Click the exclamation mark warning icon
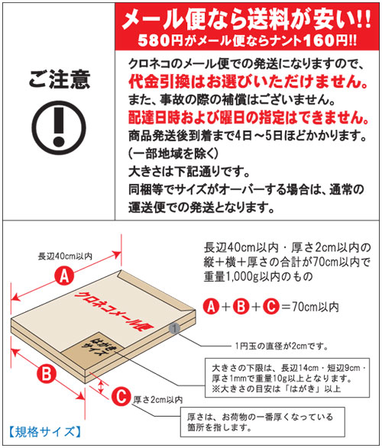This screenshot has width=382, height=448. coord(59,127)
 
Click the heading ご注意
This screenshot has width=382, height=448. coord(60,79)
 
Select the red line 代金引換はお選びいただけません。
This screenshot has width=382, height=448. coord(248,82)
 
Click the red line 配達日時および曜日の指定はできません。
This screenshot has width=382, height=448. coord(248,118)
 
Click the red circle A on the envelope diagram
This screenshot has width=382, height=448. coord(64,276)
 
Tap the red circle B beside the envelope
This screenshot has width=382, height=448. coord(47,374)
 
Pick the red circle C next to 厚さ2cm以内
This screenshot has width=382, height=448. coord(121,396)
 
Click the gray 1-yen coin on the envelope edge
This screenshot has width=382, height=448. coord(174,328)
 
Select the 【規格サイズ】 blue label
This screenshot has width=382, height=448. coord(44,432)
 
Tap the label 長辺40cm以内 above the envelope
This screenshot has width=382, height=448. coord(65,256)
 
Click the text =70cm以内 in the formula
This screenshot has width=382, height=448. coord(310,307)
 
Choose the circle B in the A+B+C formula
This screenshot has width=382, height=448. coord(241,306)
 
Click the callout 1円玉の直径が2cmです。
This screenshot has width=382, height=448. coord(281,346)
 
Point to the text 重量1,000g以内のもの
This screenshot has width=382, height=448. coord(258,276)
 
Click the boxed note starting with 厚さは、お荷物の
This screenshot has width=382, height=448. coord(262,422)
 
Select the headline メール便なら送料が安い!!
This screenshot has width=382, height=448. coord(247,19)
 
